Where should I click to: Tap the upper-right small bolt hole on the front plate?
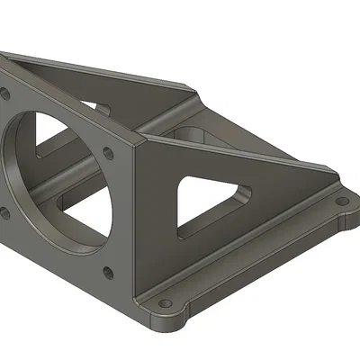pyautogui.click(x=110, y=153)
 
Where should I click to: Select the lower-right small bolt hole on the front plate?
pyautogui.click(x=108, y=270)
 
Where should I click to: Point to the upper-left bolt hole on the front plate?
pyautogui.click(x=4, y=93)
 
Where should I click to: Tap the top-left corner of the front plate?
pyautogui.click(x=4, y=58)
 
